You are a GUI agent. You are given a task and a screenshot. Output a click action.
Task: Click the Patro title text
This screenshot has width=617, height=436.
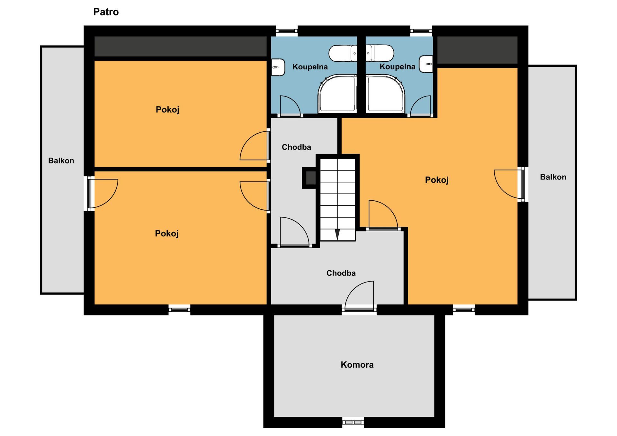coord(106,12)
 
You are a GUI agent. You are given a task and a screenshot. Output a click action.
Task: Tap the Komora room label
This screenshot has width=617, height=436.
coord(357,365)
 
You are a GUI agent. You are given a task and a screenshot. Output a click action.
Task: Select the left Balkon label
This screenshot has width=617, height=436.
coord(61,161)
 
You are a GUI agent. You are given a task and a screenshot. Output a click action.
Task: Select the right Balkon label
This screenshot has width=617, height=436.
coord(553,177)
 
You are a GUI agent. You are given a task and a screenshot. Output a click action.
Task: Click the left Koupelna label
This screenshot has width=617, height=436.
coord(310,67)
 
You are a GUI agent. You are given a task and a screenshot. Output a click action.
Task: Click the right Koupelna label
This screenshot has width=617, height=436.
coord(398,67)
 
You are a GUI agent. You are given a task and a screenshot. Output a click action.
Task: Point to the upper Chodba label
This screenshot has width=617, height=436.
coord(296,147)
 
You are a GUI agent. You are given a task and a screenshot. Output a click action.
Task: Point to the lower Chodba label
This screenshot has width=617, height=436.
coord(341,273)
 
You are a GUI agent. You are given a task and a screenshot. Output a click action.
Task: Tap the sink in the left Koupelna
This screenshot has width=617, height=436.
coord(278,67)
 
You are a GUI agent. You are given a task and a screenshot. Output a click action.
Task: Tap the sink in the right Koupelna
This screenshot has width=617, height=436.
coord(426,64)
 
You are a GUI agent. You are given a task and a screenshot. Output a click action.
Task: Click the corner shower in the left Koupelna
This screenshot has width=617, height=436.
coord(337,94)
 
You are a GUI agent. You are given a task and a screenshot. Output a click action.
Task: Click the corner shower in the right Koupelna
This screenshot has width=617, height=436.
coord(385,94)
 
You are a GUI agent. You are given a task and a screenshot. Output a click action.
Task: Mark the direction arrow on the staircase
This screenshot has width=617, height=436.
coord(337,235)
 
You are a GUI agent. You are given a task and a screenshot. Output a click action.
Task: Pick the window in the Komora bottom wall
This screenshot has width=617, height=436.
coord(353,422)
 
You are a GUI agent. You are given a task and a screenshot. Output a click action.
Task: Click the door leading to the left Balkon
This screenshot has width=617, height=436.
coord(102,194)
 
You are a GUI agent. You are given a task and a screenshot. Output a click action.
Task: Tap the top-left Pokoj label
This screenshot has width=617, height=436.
coord(167,109)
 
